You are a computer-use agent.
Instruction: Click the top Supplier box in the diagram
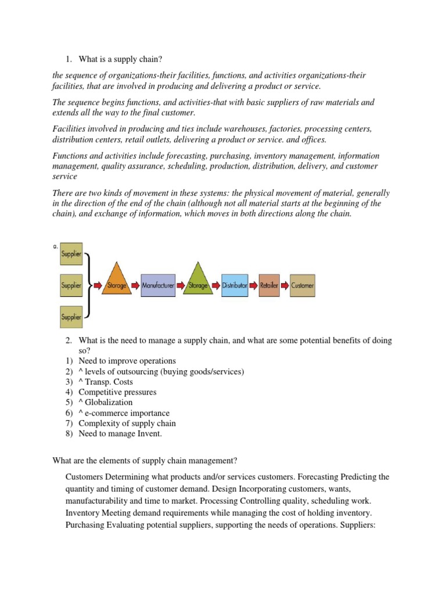click(x=71, y=254)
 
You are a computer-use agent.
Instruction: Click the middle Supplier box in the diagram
click(x=71, y=285)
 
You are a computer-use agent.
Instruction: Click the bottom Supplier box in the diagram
click(x=71, y=317)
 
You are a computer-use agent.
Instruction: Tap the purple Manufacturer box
click(x=157, y=285)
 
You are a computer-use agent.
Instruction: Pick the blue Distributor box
click(x=235, y=285)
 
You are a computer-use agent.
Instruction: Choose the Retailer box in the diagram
click(x=269, y=285)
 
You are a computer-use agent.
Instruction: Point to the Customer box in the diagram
click(x=303, y=285)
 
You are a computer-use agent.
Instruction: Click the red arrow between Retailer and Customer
click(x=285, y=285)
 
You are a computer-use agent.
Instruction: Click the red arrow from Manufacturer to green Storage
click(x=181, y=285)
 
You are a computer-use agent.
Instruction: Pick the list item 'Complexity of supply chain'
click(x=127, y=424)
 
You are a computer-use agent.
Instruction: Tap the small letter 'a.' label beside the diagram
click(x=56, y=246)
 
